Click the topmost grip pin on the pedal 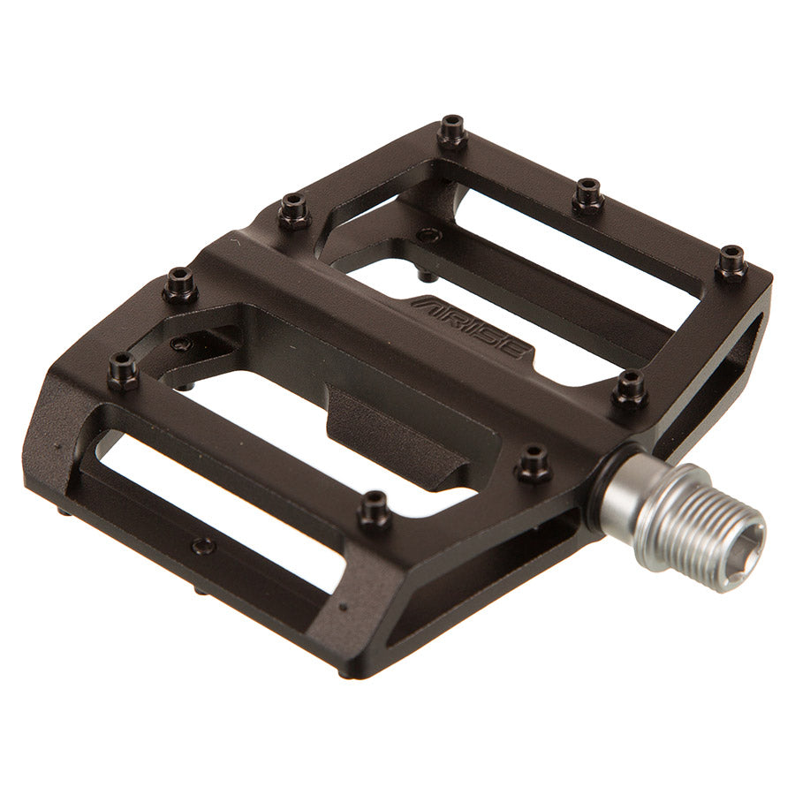tap(452, 131)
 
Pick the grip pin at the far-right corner tap(731, 261)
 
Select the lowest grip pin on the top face tap(375, 509)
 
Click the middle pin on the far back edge tap(587, 194)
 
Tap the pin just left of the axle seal tap(534, 462)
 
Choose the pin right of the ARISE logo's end tap(629, 389)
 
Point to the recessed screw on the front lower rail tap(203, 545)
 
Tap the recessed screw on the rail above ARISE tap(429, 236)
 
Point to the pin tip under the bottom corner tap(343, 673)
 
